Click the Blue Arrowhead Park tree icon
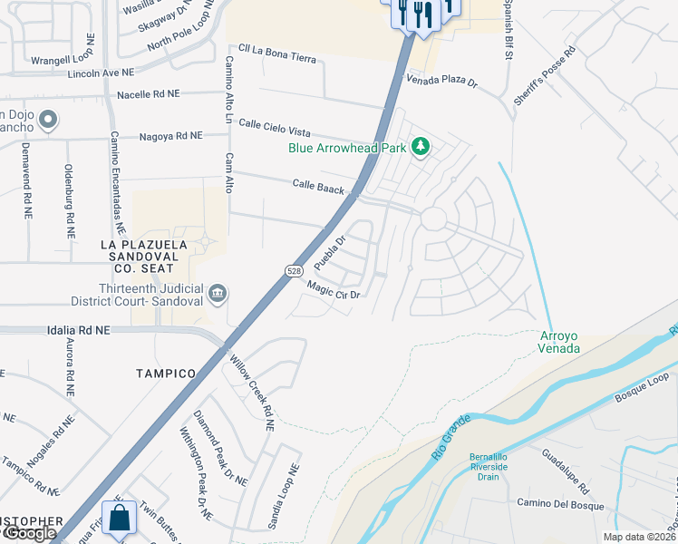click(420, 146)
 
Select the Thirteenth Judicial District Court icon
click(218, 293)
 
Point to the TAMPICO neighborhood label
click(166, 374)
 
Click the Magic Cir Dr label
click(334, 289)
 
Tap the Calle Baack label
click(318, 186)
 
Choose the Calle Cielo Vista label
click(280, 128)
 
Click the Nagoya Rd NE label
click(170, 136)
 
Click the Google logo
click(29, 533)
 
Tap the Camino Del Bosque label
click(554, 503)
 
